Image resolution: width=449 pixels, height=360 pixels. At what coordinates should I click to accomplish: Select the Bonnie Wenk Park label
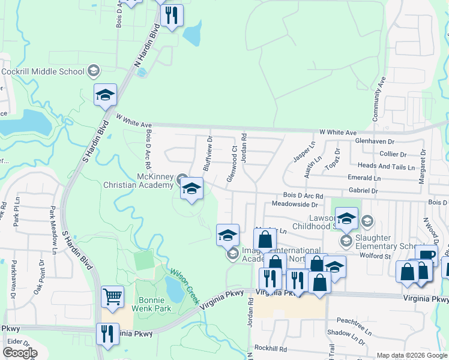coord(155,304)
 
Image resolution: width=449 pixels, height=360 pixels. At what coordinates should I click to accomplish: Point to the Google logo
coord(19,353)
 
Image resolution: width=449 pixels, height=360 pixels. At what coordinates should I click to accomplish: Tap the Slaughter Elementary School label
coord(385,242)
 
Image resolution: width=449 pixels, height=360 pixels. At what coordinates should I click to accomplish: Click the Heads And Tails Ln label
coord(386,167)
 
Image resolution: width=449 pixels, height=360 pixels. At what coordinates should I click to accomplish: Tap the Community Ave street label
coord(381,99)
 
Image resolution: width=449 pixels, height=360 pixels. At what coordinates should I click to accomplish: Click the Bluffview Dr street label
coord(208,154)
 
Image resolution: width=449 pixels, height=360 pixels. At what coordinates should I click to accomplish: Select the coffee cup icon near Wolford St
coord(427,255)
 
